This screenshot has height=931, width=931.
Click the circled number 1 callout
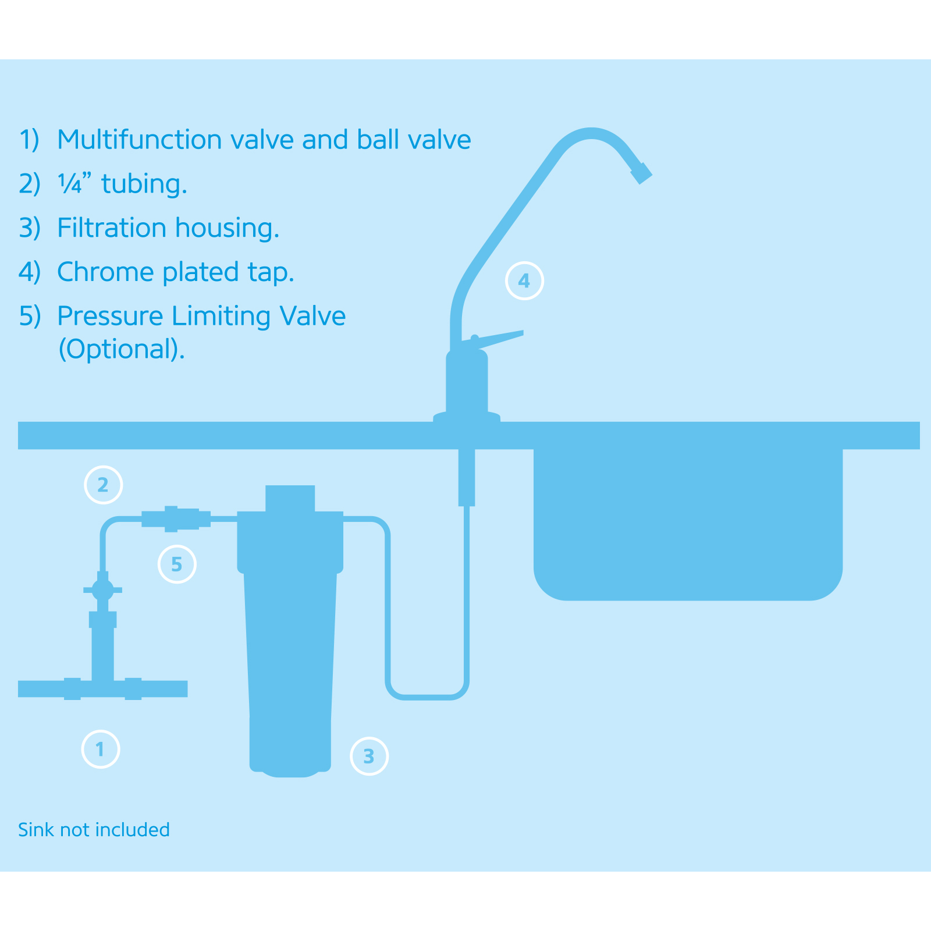(101, 749)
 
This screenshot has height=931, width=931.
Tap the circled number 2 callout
(104, 485)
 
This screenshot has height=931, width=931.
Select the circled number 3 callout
(369, 756)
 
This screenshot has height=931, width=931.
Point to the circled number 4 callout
(524, 281)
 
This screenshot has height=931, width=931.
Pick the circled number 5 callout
(177, 564)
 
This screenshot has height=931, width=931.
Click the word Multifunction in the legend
(140, 140)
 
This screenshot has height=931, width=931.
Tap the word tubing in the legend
(144, 185)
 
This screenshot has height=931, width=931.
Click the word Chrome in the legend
(105, 272)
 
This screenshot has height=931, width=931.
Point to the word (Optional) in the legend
(121, 349)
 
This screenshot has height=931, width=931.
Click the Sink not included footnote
(94, 830)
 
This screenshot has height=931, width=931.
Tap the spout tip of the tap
(641, 173)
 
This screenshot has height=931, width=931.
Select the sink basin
(688, 524)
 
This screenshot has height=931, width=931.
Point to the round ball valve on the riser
(103, 590)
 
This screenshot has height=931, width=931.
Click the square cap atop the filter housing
(290, 499)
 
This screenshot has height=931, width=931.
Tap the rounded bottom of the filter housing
(290, 769)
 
